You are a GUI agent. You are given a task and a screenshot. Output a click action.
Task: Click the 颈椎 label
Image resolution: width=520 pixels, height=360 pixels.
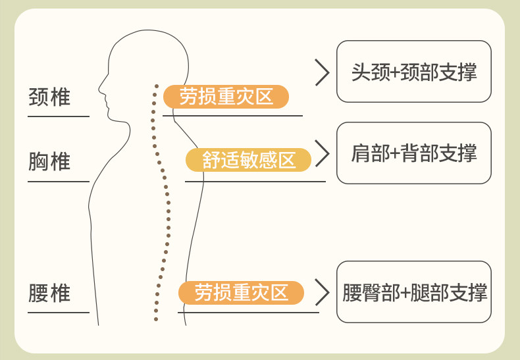(x=49, y=97)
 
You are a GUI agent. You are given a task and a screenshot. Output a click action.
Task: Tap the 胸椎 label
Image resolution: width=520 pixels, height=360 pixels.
(x=49, y=161)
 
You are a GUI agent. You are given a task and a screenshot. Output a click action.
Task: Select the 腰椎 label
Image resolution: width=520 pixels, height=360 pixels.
(x=49, y=293)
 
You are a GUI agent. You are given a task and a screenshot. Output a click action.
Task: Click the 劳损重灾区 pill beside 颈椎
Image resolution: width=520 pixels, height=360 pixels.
(x=226, y=97)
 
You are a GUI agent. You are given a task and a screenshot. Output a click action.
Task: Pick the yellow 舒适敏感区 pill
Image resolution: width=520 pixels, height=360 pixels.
(x=249, y=160)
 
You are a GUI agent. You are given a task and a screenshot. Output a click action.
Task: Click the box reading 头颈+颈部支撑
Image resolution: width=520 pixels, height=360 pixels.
(x=413, y=71)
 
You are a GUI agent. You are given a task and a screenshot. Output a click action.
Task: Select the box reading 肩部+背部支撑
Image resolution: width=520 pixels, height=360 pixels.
(x=413, y=153)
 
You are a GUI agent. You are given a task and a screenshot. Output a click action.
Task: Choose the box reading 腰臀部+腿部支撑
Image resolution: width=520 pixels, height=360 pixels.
(x=413, y=292)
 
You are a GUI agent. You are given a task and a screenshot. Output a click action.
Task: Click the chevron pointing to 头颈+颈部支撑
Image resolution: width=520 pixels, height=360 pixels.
(x=322, y=72)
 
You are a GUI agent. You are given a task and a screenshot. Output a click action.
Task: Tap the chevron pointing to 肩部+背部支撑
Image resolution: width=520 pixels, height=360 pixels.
(x=322, y=153)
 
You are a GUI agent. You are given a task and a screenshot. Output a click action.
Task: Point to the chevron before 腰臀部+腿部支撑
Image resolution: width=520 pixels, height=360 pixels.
(x=322, y=292)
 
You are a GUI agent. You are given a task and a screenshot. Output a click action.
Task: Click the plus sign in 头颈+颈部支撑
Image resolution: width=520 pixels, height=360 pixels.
(x=395, y=72)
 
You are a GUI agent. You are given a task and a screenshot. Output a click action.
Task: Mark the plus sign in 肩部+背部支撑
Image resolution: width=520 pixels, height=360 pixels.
(x=395, y=154)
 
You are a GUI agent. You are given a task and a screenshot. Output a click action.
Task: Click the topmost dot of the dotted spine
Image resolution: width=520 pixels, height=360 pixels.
(x=157, y=85)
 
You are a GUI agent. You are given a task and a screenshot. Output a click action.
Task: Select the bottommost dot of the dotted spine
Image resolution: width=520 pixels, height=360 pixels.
(x=156, y=320)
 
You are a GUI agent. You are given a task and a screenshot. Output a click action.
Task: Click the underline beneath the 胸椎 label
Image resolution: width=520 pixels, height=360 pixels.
(x=58, y=181)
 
